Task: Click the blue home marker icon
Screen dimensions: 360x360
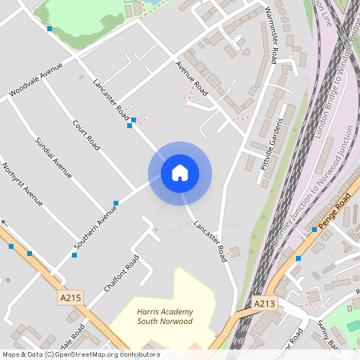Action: (x=180, y=173)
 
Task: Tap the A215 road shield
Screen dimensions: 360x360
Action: (x=71, y=298)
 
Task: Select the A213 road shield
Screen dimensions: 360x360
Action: (x=265, y=304)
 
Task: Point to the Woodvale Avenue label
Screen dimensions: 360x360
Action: (x=35, y=82)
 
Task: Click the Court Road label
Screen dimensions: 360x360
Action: (x=85, y=135)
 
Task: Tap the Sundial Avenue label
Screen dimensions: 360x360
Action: (x=54, y=158)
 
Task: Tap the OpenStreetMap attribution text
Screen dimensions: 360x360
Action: (x=80, y=354)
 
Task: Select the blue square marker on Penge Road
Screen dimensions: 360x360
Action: (x=314, y=230)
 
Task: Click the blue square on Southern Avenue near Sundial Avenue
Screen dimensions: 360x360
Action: (x=117, y=202)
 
